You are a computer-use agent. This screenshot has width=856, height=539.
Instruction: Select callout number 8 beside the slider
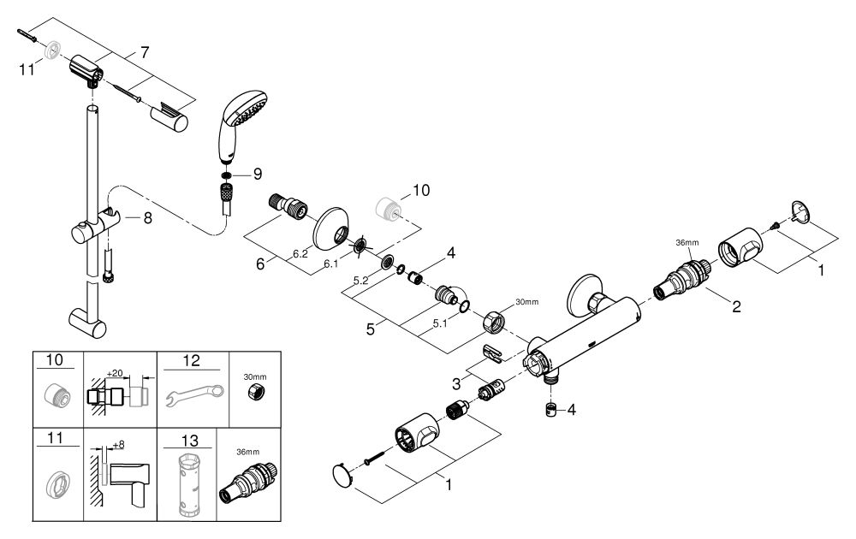pyautogui.click(x=147, y=218)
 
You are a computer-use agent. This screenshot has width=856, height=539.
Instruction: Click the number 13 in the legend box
pyautogui.click(x=189, y=441)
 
